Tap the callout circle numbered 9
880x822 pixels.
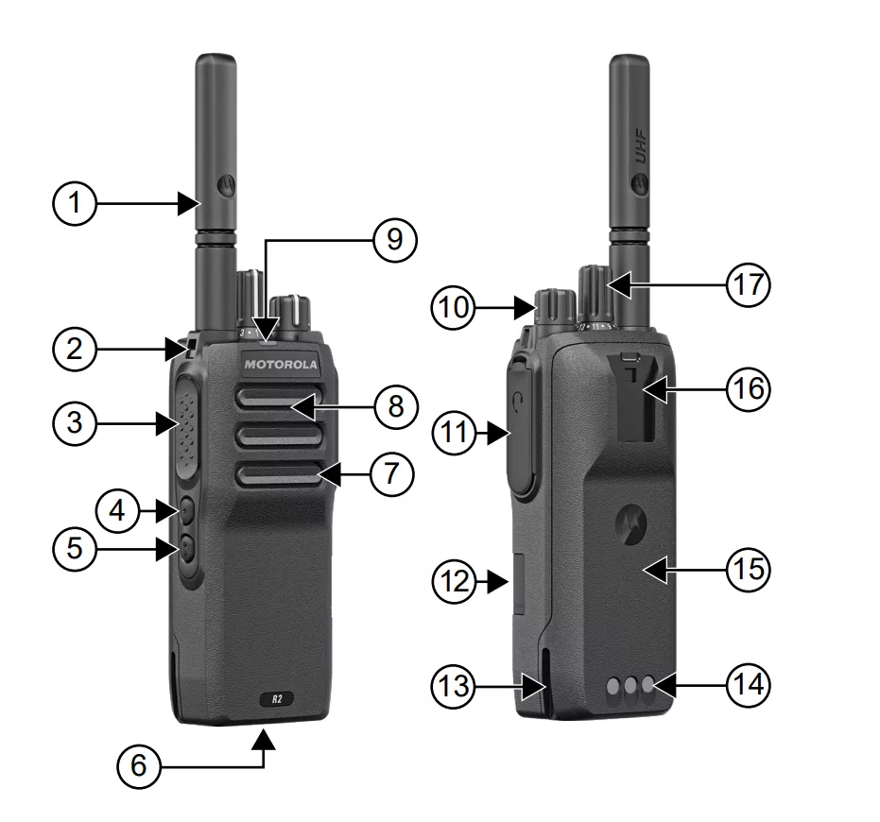click(x=395, y=239)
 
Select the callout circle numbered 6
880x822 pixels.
click(x=140, y=765)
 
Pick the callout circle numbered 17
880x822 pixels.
click(x=748, y=284)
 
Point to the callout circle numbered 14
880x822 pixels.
click(x=748, y=685)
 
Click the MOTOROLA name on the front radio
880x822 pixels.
click(x=283, y=364)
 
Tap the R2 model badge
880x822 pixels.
click(x=277, y=699)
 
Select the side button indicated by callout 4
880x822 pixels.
click(x=185, y=511)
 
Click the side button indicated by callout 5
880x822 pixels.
click(x=185, y=547)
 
